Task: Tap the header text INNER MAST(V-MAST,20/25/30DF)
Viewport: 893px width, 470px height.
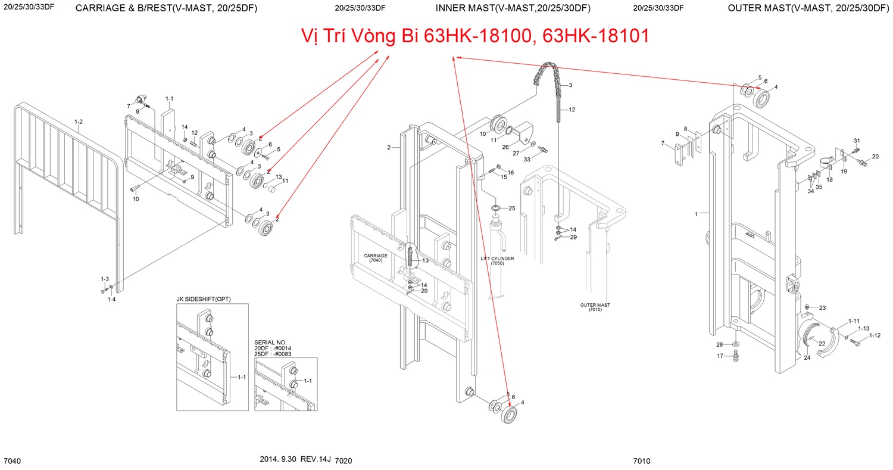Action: pos(513,8)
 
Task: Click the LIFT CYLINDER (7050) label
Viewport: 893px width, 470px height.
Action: pos(497,261)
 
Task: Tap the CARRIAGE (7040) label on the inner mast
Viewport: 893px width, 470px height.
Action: pos(376,258)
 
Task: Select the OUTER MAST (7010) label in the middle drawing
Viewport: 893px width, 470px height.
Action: pos(595,307)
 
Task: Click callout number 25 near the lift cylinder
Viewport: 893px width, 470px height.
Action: pos(512,208)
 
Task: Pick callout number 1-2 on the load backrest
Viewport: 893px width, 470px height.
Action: pos(78,122)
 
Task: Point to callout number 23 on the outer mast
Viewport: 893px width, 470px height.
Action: pos(822,308)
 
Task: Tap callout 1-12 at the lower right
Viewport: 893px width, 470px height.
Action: pos(875,335)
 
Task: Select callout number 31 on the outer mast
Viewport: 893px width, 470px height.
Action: pos(857,141)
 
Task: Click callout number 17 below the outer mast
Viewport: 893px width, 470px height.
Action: pos(720,356)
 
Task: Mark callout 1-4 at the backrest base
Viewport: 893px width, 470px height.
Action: pos(111,300)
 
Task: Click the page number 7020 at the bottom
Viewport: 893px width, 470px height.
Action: pos(344,461)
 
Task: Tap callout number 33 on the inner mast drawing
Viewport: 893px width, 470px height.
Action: pos(527,159)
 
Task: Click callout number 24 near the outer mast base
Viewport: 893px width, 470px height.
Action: pos(807,358)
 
